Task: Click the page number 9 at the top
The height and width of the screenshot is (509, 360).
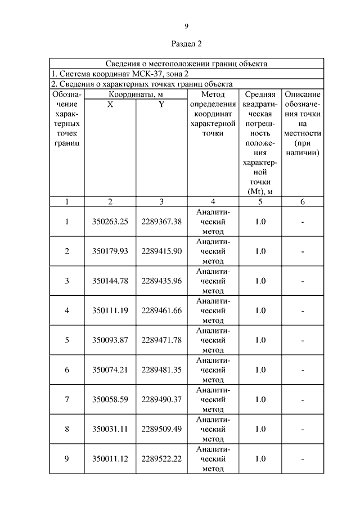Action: point(186,26)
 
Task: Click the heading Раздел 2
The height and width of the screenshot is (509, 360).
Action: point(186,43)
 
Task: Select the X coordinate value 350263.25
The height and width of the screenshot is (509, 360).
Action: point(110,222)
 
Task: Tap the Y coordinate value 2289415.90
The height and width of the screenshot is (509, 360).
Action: point(161,251)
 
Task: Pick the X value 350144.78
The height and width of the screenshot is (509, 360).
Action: point(110,281)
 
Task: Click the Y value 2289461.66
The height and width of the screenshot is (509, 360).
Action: point(161,310)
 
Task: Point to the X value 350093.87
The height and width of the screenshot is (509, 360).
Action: point(110,340)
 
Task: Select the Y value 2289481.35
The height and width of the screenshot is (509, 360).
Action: point(161,370)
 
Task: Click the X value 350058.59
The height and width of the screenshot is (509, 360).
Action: point(110,399)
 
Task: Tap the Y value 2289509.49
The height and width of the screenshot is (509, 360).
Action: point(161,429)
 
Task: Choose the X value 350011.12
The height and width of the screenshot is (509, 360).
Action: point(110,459)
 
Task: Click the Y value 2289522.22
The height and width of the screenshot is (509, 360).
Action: point(161,459)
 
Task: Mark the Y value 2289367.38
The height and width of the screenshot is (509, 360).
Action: point(161,222)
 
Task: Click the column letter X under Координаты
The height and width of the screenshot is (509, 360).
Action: point(110,104)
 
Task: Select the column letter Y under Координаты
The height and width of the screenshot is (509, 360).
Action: point(161,104)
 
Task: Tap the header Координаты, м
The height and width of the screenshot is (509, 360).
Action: point(136,94)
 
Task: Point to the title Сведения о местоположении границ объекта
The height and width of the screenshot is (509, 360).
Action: point(186,64)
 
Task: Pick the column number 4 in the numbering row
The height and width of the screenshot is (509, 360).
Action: point(213,201)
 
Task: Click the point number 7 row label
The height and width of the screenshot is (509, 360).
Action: point(67,399)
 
